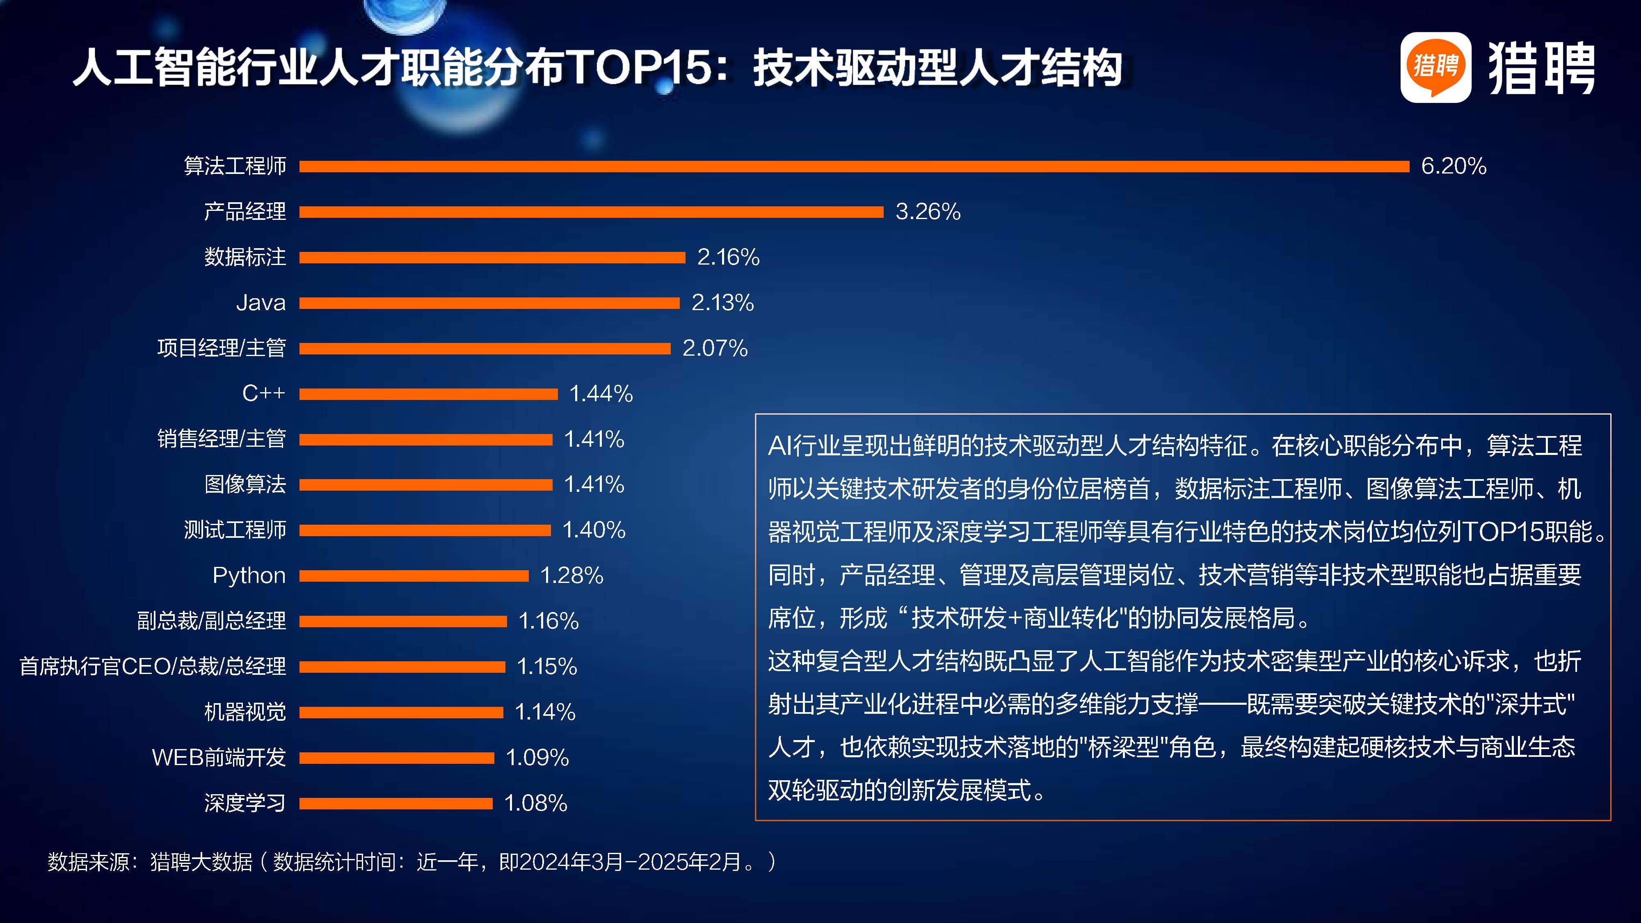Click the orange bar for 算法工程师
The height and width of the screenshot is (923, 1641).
(854, 166)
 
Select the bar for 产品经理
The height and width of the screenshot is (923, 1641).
(591, 212)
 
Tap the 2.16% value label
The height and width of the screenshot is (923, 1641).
(728, 257)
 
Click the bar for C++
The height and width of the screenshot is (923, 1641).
(428, 394)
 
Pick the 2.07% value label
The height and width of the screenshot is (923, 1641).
(715, 348)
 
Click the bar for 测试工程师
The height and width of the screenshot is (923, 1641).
(425, 530)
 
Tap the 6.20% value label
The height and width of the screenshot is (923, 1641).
(1453, 166)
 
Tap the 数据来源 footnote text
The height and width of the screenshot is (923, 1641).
(411, 862)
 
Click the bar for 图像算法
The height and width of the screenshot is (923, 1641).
(425, 485)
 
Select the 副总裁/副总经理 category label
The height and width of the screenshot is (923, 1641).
(212, 621)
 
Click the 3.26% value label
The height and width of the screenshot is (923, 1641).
(928, 212)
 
